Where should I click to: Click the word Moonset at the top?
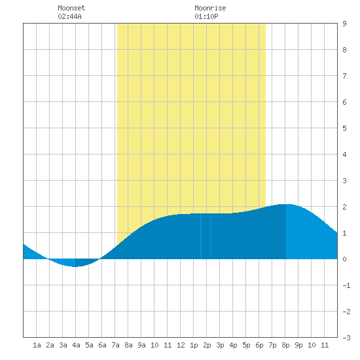(x=71, y=8)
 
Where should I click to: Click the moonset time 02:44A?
(x=69, y=16)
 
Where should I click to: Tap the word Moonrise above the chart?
(x=210, y=8)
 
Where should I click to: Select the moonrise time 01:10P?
(x=206, y=16)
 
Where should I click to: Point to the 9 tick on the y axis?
(x=344, y=24)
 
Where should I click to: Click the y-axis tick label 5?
(x=344, y=128)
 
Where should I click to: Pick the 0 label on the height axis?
(x=344, y=259)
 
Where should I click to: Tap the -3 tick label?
(x=346, y=338)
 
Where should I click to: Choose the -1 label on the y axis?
(x=346, y=285)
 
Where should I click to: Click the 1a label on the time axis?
(x=37, y=345)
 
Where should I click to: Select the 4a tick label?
(x=76, y=345)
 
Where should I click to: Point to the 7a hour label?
(x=115, y=345)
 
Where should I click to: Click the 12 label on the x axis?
(x=181, y=345)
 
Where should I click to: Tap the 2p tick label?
(x=207, y=345)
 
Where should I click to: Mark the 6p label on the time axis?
(x=259, y=345)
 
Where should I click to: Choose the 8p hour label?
(x=285, y=345)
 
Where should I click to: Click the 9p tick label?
(x=298, y=345)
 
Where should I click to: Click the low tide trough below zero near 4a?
(x=75, y=266)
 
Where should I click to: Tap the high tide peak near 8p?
(x=286, y=204)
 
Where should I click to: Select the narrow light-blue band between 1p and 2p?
(x=201, y=236)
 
